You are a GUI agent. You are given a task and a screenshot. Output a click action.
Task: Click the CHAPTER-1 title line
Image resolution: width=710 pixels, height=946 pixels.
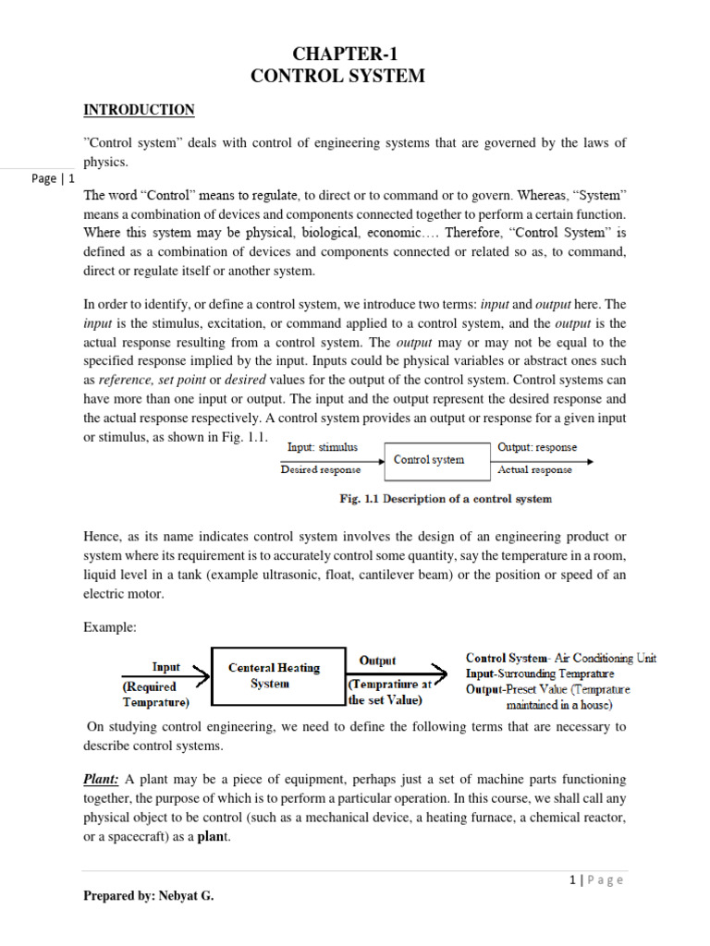pos(338,53)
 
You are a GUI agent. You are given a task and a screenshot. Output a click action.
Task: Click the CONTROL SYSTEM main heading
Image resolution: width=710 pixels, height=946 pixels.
pos(338,77)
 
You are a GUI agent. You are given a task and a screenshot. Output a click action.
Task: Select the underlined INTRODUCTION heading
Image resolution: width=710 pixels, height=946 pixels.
pos(139,110)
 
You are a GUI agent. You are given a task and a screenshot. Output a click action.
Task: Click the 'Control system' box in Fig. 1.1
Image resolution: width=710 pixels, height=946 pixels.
pos(429,459)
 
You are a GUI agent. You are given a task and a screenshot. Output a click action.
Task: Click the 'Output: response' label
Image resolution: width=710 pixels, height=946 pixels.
pos(537,447)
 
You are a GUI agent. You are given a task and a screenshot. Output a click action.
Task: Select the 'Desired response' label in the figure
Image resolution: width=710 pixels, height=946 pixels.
pos(320,470)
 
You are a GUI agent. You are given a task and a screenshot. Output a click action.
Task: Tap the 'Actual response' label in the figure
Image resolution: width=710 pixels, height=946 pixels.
pos(535,470)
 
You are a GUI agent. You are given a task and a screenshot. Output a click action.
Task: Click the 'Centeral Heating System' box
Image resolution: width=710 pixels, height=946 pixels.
pos(274,675)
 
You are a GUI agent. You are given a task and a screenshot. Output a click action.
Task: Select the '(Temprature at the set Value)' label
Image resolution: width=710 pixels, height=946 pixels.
pos(390,693)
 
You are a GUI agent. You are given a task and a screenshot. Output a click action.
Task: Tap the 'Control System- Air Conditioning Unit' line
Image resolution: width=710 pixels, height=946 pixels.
pos(561,659)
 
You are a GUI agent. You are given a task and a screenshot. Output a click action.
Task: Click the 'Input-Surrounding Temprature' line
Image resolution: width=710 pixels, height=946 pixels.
pos(540,674)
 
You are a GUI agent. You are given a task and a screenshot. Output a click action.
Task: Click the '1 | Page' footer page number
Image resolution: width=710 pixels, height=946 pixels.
pos(596,879)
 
